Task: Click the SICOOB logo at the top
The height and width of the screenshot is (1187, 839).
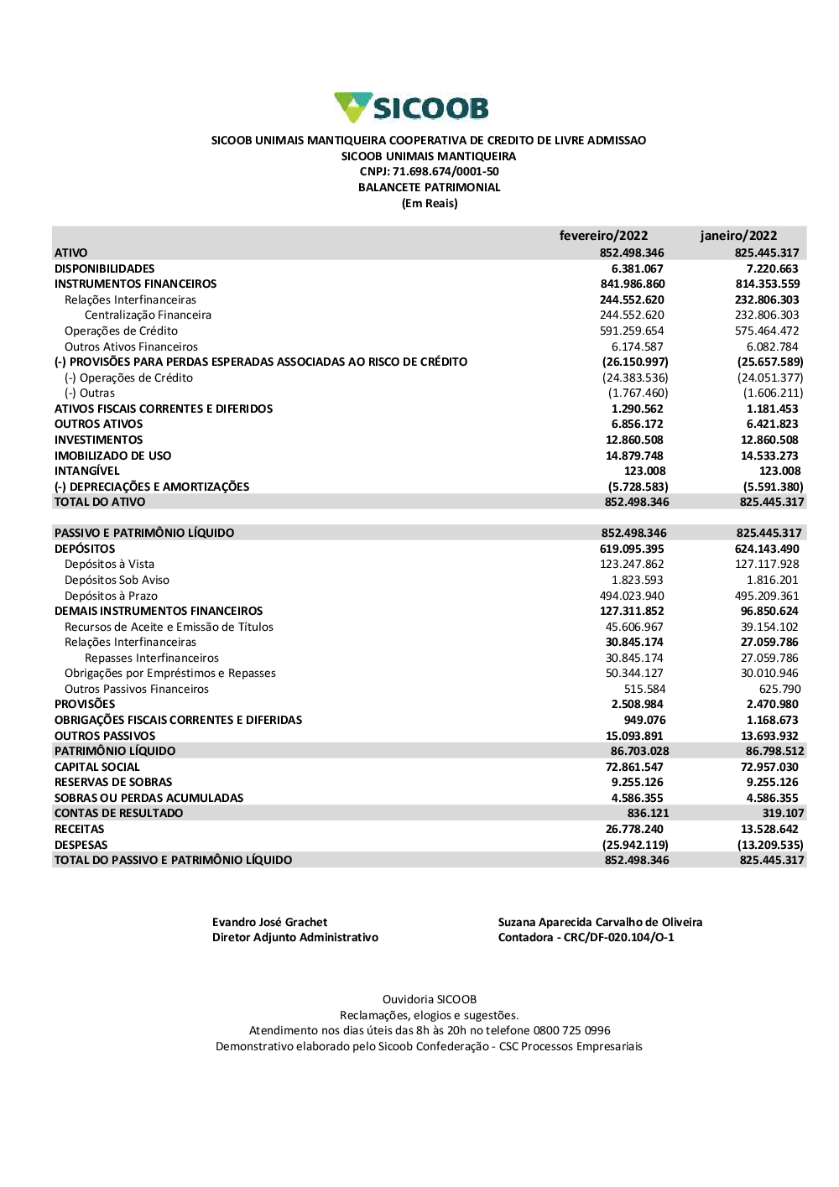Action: click(x=411, y=108)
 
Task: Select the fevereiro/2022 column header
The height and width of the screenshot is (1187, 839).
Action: click(x=603, y=236)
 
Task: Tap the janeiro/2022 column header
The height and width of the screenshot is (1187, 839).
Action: click(x=738, y=236)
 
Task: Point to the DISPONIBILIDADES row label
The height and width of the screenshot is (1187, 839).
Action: click(x=105, y=268)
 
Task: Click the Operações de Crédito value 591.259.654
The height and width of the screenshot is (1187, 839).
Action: click(x=632, y=331)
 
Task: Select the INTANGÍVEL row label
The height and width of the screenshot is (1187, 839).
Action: click(x=87, y=471)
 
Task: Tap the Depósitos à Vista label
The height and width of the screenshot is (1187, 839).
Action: click(x=109, y=564)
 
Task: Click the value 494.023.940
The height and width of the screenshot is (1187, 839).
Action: click(x=632, y=596)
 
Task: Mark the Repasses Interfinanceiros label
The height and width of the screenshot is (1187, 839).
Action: click(x=152, y=658)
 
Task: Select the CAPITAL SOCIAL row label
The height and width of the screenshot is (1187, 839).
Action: click(x=97, y=767)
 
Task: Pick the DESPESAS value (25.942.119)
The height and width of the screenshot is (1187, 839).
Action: click(x=635, y=845)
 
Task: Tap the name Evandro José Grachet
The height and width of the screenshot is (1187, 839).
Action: click(x=269, y=922)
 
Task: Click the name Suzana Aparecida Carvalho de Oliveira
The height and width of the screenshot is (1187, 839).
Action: click(x=600, y=922)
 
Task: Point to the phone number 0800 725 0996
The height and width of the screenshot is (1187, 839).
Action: click(x=572, y=1030)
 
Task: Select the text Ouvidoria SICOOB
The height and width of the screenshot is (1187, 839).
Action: click(x=430, y=999)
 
